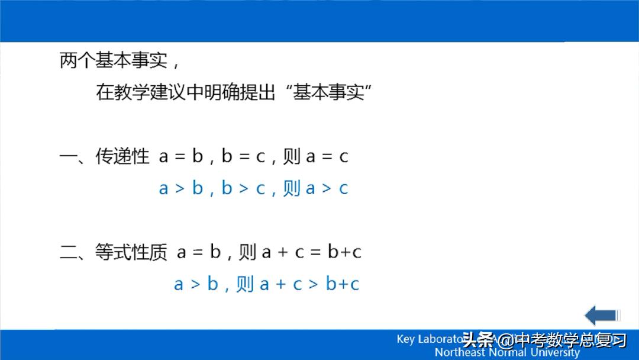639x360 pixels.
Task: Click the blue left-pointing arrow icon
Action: tap(602, 315)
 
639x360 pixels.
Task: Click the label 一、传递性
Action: tap(104, 157)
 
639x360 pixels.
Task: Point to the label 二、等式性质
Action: tap(113, 252)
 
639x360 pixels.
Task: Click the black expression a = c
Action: tap(327, 157)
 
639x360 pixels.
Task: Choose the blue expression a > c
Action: tap(327, 189)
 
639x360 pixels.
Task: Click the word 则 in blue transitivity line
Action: tap(292, 189)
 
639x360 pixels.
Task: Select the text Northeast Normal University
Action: tap(507, 352)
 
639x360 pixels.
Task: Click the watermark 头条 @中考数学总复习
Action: tap(544, 340)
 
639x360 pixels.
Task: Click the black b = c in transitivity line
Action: tap(243, 157)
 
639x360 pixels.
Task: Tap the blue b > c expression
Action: tap(243, 189)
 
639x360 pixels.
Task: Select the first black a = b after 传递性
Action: tap(181, 157)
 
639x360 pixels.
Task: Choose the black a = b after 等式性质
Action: tap(199, 252)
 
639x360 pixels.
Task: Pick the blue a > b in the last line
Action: tap(196, 284)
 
